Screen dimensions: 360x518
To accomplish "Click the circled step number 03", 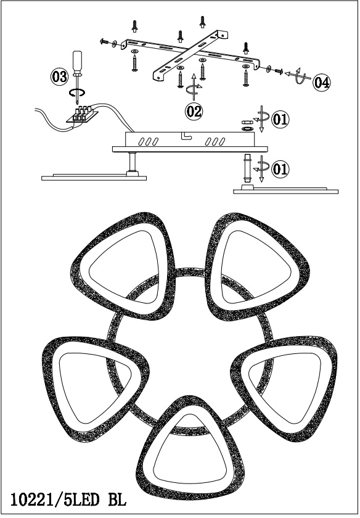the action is (x=59, y=76).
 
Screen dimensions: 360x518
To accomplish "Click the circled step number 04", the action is (x=322, y=82).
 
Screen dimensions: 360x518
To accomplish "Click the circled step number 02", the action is (x=194, y=111).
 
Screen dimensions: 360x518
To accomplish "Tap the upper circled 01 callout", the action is (x=280, y=119).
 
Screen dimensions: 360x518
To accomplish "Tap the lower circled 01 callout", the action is (x=280, y=169).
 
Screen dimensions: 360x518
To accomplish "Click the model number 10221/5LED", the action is (x=55, y=500).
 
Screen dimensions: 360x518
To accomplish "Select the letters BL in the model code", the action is (x=118, y=500).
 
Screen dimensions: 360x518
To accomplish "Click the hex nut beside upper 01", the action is (x=246, y=122).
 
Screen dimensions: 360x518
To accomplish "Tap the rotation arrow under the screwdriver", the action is (x=77, y=93).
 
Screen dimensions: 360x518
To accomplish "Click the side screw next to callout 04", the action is (x=279, y=71).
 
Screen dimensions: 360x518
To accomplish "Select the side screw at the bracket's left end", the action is (x=104, y=41).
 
